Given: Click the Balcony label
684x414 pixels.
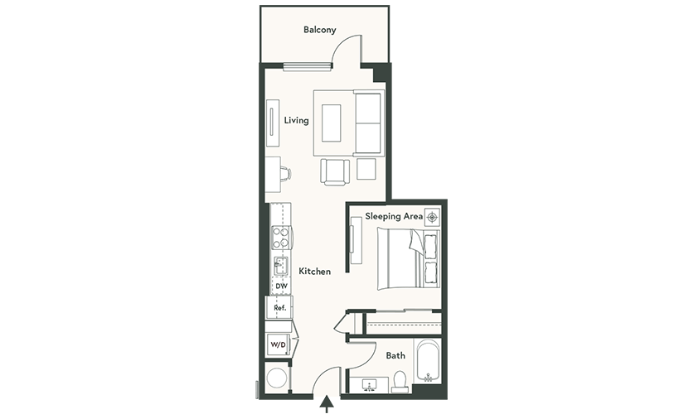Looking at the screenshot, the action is (320, 30).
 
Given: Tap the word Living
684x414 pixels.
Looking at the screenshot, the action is (296, 120).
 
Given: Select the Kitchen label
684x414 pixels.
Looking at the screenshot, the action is (314, 272).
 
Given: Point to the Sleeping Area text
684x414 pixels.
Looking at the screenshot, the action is (394, 216).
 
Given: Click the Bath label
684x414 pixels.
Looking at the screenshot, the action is (395, 355).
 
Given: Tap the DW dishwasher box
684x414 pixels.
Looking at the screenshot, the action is (281, 286).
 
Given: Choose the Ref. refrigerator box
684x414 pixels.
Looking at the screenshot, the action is (279, 308).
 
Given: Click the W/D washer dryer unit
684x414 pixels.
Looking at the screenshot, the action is (278, 344).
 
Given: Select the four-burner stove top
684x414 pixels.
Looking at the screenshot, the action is (281, 238).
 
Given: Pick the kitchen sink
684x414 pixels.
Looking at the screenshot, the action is (280, 266).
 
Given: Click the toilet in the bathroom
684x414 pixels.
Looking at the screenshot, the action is (400, 382).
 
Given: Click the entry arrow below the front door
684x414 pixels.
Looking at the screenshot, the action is (327, 404).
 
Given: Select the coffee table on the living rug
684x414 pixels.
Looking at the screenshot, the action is (331, 123).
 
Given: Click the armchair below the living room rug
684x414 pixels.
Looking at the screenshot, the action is (335, 172).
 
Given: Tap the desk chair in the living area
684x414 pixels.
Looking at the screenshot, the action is (285, 173).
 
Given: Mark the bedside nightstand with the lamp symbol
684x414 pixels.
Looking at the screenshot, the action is (432, 217).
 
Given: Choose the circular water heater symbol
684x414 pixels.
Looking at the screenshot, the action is (277, 378).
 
